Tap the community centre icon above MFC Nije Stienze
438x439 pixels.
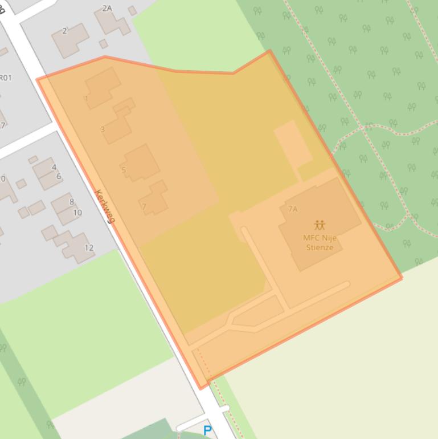[x=320, y=225]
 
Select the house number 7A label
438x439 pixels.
[x=292, y=209]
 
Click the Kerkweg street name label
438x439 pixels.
[x=105, y=206]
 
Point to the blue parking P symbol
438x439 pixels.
[x=207, y=431]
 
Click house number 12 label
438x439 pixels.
[x=89, y=247]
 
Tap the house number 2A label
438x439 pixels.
[x=107, y=8]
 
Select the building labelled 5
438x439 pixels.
[x=140, y=162]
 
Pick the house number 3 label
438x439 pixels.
[x=103, y=129]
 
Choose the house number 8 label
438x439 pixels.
[x=72, y=201]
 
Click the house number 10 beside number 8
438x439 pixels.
[x=77, y=213]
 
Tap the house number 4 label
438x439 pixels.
[x=54, y=167]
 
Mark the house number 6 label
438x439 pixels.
[x=59, y=176]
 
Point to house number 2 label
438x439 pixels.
[x=64, y=31]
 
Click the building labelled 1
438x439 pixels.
[x=102, y=87]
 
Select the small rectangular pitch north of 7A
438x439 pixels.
[x=293, y=143]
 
